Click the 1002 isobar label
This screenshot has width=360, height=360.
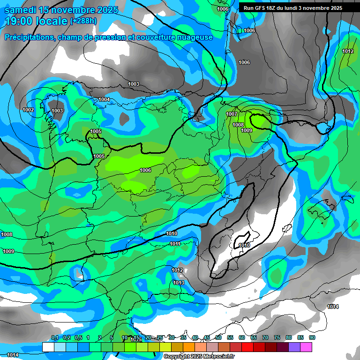pos(28,110)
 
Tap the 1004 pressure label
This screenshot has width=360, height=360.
pos(104,99)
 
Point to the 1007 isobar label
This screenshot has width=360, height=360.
pos(232,114)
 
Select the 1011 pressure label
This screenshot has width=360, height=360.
pos(175,244)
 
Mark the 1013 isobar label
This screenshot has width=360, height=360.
pos(179,283)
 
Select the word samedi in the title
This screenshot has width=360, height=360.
pos(20,10)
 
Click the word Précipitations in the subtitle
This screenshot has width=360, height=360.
pos(29,37)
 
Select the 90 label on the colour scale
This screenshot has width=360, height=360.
pos(312,337)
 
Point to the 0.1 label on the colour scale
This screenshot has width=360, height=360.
pos(54,337)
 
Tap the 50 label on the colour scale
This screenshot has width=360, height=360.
pos(218,337)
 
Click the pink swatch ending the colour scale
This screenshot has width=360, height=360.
pos(306,347)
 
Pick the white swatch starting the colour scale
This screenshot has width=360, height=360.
pos(48,347)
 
